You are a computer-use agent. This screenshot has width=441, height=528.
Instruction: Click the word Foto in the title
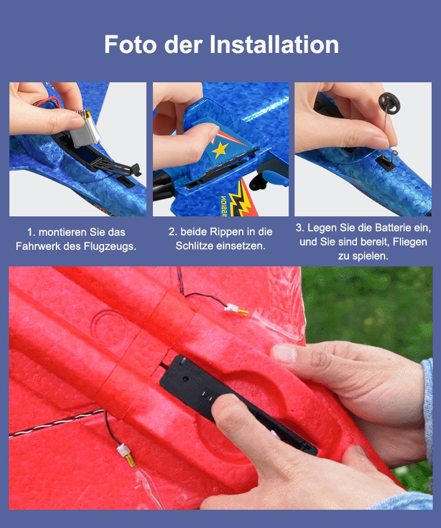click(131, 45)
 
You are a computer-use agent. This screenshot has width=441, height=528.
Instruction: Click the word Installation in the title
click(274, 45)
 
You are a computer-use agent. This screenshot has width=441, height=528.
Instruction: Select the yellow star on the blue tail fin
click(220, 149)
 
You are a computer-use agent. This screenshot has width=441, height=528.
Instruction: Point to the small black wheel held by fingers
click(387, 101)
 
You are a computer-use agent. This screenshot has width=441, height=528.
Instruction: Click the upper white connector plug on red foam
click(231, 307)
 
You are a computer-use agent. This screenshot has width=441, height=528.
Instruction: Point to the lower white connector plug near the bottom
click(122, 450)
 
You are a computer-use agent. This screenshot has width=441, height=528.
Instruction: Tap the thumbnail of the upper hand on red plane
click(285, 353)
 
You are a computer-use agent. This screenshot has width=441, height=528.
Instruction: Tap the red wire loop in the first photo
click(47, 102)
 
